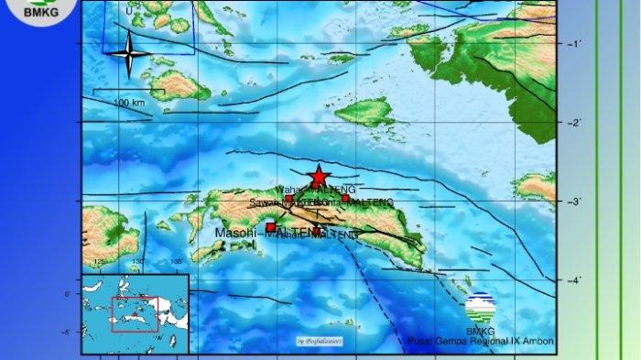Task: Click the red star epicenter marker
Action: click(318, 176)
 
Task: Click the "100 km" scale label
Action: click(130, 103)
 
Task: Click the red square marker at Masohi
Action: click(270, 227)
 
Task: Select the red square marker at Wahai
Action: click(288, 199)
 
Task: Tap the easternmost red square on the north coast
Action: click(344, 198)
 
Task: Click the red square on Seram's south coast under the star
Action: click(317, 230)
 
